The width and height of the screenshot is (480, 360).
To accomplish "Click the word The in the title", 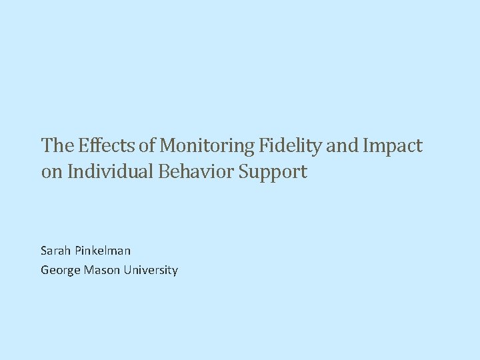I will [x=57, y=145].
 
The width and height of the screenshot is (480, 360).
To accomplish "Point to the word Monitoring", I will [x=209, y=145].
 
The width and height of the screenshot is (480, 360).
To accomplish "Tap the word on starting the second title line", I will [x=49, y=172].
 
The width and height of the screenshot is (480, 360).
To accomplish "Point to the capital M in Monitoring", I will [x=168, y=145].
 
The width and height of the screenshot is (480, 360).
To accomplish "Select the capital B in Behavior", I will [x=163, y=172].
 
